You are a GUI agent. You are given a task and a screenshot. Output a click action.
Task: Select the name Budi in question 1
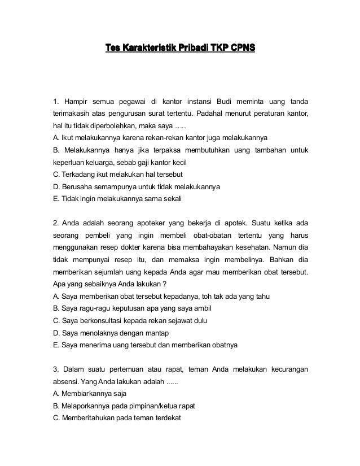tap(223, 102)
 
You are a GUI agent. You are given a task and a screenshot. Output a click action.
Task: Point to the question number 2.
tap(55, 220)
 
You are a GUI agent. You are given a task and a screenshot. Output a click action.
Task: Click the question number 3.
tap(55, 370)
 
